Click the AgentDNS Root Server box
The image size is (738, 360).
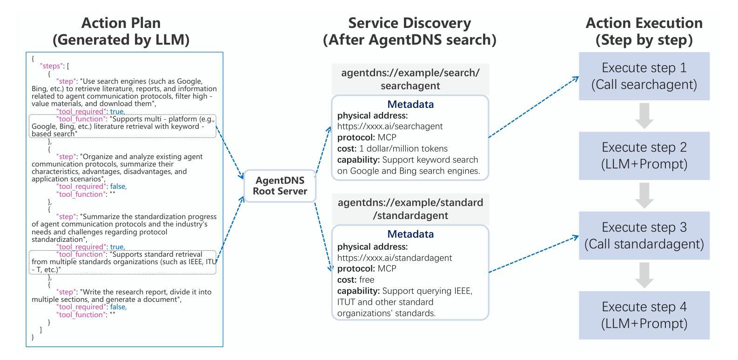[280, 186]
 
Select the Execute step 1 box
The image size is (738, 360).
[644, 76]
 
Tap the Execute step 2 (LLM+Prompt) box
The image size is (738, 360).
[644, 156]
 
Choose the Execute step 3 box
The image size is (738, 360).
[644, 235]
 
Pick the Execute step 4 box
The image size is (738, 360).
[644, 315]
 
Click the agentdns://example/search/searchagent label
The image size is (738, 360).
[410, 79]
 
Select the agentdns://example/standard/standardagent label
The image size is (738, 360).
[410, 209]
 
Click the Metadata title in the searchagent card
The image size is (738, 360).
[410, 104]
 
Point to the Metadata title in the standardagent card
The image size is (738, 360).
[410, 234]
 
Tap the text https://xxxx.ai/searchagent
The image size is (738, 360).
[390, 127]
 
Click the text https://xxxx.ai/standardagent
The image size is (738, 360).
[395, 258]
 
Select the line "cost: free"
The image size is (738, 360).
[356, 280]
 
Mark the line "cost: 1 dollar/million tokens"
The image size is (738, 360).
[392, 148]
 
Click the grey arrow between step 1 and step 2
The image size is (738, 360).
[644, 116]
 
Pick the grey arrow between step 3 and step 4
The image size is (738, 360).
[644, 275]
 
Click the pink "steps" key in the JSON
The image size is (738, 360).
[51, 66]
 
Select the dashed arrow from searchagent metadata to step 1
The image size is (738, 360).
[534, 107]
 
